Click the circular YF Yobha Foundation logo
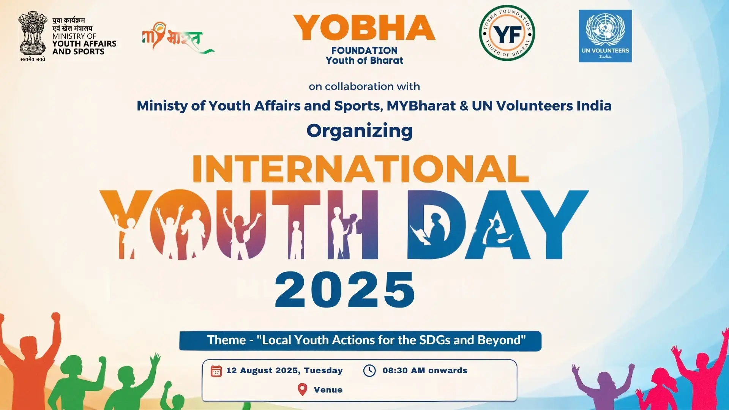[507, 33]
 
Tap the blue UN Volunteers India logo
[605, 36]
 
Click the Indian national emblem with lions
[33, 36]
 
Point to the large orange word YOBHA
[364, 28]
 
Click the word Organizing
[360, 131]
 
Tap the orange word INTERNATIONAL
[360, 169]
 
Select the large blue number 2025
[345, 290]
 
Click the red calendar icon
[216, 371]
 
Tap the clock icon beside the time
[369, 371]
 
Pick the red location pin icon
[302, 389]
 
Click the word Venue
[328, 390]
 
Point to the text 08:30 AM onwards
[425, 371]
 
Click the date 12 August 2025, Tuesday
[284, 371]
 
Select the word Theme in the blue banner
[226, 340]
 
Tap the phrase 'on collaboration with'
[364, 87]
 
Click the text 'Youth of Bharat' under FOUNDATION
[364, 60]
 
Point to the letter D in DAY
[437, 224]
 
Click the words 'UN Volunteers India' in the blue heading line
[542, 106]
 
